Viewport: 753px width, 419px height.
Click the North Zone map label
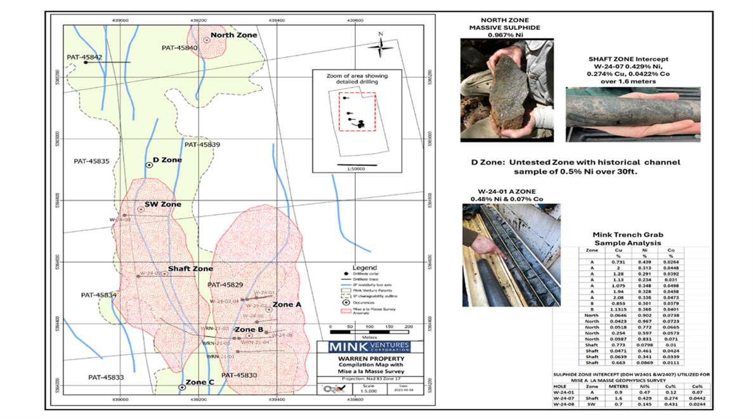point(233,36)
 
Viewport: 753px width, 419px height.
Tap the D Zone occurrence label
point(167,160)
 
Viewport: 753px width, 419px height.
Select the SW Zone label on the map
point(162,204)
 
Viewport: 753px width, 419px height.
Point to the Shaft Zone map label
point(190,269)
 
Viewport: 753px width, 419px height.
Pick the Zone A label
point(287,305)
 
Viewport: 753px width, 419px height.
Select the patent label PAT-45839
point(202,145)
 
